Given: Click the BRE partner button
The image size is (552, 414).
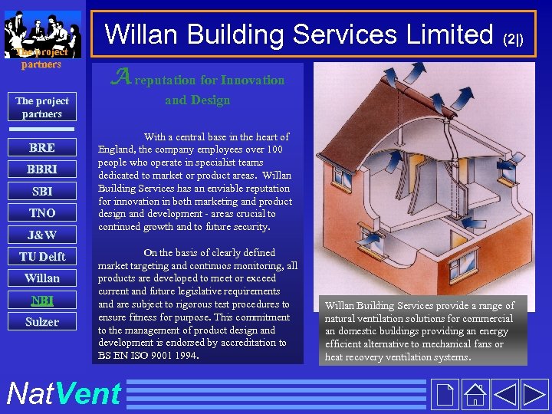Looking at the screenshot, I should [41, 147].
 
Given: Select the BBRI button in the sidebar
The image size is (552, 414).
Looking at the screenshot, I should [41, 169].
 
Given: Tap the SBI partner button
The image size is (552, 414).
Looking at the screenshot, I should [41, 191].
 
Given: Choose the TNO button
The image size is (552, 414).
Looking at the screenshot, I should [41, 212].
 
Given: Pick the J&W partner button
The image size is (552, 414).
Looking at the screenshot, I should [41, 235].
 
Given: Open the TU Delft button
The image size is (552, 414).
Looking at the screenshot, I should [41, 256].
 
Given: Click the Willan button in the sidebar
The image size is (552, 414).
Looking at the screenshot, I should [41, 278].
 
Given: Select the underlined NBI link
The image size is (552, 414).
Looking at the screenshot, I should [41, 300].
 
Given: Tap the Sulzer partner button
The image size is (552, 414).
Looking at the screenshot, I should [41, 321].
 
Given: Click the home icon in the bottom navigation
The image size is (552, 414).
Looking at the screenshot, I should [475, 394].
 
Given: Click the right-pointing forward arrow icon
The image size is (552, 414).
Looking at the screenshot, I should [534, 394].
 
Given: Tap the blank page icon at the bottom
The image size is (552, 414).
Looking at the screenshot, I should [444, 394].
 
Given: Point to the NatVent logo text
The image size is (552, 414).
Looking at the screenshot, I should [63, 393].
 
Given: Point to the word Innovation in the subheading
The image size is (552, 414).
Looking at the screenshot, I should [252, 80].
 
